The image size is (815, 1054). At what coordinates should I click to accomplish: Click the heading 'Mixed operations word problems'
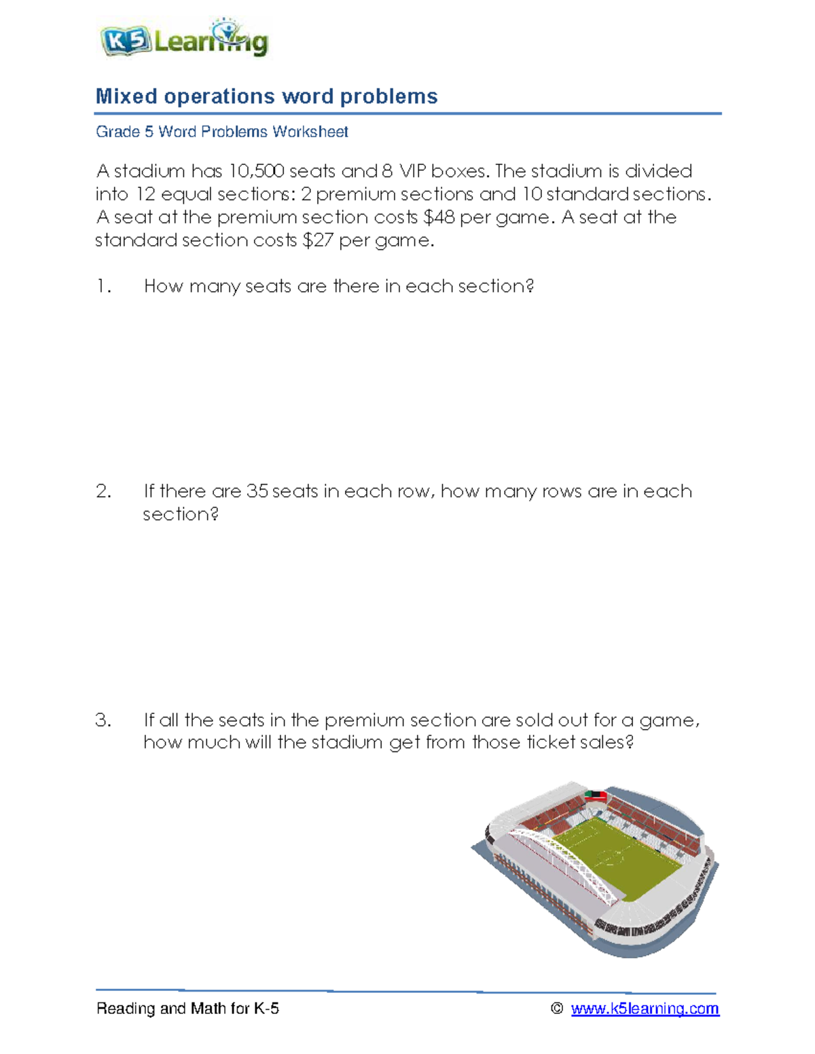(266, 96)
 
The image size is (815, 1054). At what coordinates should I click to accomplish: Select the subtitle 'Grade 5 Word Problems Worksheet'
(221, 132)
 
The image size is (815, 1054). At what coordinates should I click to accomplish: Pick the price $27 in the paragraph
(318, 240)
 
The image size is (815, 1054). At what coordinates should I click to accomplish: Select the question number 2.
(103, 491)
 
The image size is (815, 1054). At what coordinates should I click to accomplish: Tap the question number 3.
(103, 720)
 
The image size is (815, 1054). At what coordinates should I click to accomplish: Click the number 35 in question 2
(257, 491)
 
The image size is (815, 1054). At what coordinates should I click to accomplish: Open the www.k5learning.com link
(645, 1009)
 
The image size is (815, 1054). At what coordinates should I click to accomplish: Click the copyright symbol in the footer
(557, 1009)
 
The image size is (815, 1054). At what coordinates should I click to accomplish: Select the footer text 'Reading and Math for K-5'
(187, 1009)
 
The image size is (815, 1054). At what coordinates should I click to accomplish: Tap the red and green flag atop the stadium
(596, 795)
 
